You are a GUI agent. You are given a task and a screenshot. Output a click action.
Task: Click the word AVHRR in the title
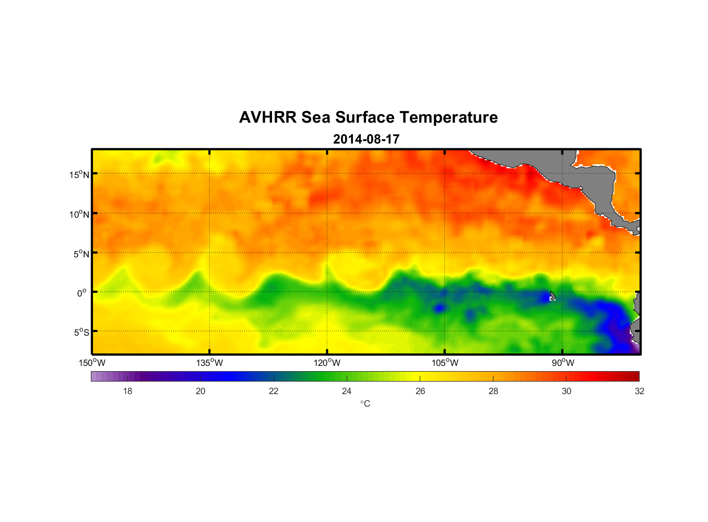click(267, 117)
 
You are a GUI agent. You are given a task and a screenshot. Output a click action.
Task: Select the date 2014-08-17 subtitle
click(366, 139)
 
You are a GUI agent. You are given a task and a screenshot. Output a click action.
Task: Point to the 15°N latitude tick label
click(79, 174)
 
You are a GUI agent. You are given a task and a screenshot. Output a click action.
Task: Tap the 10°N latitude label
click(79, 214)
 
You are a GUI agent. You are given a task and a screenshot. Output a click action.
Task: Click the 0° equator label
click(82, 293)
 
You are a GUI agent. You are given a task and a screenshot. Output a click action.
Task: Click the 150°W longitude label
click(92, 363)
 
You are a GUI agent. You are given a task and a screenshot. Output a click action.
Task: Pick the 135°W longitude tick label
click(209, 363)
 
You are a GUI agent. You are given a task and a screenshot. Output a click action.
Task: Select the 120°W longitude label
click(327, 363)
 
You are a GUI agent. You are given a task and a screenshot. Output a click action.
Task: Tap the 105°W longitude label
click(445, 363)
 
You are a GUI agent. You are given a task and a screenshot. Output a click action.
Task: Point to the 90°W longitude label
click(563, 363)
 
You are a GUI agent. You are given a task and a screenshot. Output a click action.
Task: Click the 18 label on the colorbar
click(127, 391)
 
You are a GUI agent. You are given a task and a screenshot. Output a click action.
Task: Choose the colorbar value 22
click(274, 391)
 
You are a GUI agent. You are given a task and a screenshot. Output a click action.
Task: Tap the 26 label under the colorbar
click(420, 391)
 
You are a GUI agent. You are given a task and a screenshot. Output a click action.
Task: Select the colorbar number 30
click(567, 391)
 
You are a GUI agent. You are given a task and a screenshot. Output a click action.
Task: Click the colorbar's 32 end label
click(640, 391)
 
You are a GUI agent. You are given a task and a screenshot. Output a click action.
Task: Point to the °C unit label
click(365, 404)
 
